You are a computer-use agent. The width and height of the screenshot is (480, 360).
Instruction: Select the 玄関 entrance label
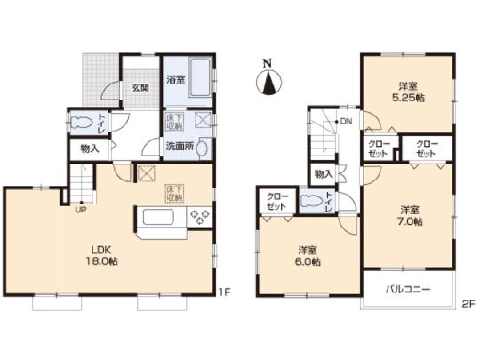pyautogui.click(x=141, y=87)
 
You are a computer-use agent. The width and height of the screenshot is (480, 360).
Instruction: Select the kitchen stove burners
pyautogui.click(x=197, y=216)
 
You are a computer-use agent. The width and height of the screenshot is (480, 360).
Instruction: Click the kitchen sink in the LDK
pyautogui.click(x=156, y=216)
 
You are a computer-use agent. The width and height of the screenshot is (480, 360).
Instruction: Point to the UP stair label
pyautogui.click(x=80, y=210)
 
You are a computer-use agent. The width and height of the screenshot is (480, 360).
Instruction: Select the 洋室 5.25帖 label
pyautogui.click(x=409, y=92)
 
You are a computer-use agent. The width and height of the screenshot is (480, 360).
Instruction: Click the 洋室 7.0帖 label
pyautogui.click(x=409, y=215)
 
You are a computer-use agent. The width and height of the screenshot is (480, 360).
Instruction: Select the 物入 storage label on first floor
pyautogui.click(x=89, y=149)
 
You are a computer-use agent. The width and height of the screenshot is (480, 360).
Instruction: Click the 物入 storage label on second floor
pyautogui.click(x=324, y=172)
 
